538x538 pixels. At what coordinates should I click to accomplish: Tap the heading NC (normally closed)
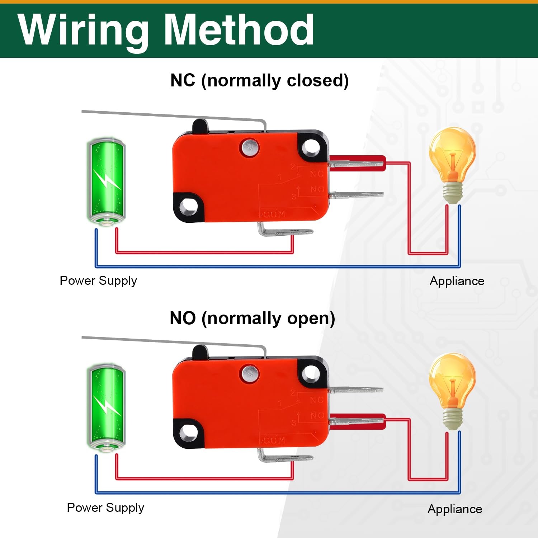pos(259,80)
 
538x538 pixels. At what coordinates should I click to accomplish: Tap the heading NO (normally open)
pos(252,318)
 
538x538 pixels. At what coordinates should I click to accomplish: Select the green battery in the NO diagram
pos(107,407)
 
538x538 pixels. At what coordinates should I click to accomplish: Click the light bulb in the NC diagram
pos(453,165)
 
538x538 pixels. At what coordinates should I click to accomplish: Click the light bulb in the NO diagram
pos(453,391)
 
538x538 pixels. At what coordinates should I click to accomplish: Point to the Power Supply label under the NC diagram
pos(98,281)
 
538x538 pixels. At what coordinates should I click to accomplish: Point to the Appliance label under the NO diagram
pos(455,509)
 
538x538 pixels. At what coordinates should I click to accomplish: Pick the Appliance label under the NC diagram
pos(457,281)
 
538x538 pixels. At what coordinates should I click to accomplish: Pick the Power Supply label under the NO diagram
pos(105,508)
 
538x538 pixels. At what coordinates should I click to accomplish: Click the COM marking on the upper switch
pos(275,214)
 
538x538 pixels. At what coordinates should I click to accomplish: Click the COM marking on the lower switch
pos(275,440)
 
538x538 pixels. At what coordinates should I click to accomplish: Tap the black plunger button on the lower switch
pos(200,352)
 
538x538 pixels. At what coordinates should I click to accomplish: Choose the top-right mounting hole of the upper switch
pos(310,146)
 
